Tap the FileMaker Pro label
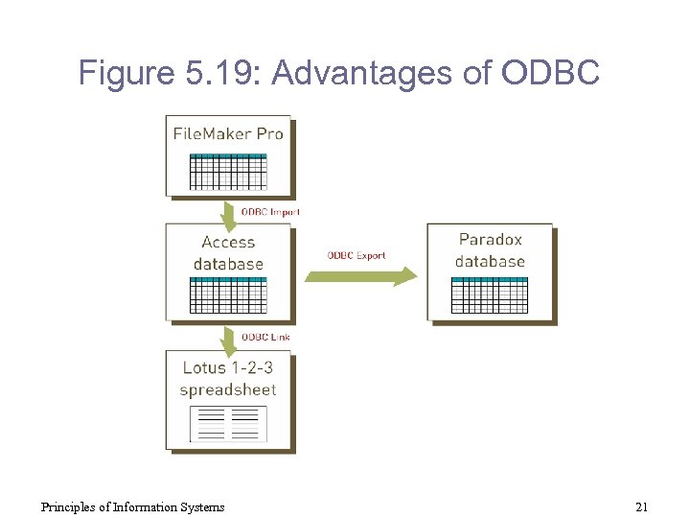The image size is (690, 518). [228, 133]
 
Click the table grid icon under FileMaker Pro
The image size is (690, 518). [228, 171]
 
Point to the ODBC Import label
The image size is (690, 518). [270, 211]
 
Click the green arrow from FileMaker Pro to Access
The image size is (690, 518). [228, 215]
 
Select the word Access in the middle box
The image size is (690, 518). [228, 243]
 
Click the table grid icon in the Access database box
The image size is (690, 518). [228, 295]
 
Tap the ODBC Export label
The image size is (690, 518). [356, 255]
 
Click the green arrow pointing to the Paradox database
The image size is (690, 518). [361, 276]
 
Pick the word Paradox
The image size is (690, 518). [491, 240]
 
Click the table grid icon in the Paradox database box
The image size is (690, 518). [489, 294]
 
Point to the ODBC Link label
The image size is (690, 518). [265, 337]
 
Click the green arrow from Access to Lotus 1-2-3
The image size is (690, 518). [228, 339]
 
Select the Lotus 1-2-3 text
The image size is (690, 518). [228, 367]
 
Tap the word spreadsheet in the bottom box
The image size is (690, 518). [228, 389]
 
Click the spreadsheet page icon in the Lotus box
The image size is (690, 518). [228, 423]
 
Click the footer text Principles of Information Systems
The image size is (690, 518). [132, 506]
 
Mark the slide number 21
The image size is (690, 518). [641, 506]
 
